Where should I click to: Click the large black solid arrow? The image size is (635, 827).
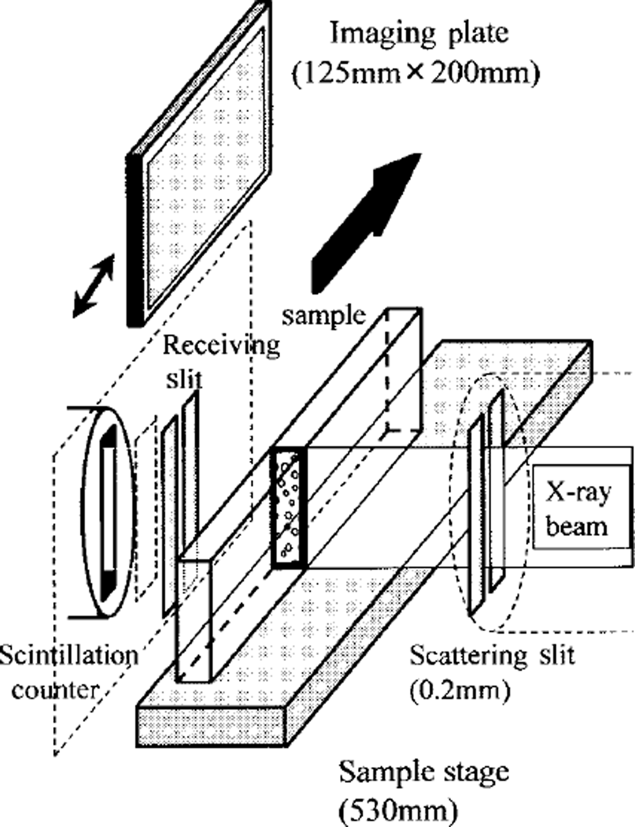click(363, 227)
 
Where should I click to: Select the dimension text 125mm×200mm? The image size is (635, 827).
click(415, 73)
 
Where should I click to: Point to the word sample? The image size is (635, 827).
click(323, 315)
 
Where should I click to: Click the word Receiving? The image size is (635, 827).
click(221, 346)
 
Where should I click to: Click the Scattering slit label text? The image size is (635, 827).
click(492, 655)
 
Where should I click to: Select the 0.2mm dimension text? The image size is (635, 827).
click(460, 691)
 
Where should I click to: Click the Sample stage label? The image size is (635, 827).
click(424, 772)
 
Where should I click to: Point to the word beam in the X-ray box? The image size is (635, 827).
click(576, 527)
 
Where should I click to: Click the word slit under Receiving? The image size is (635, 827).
click(184, 379)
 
